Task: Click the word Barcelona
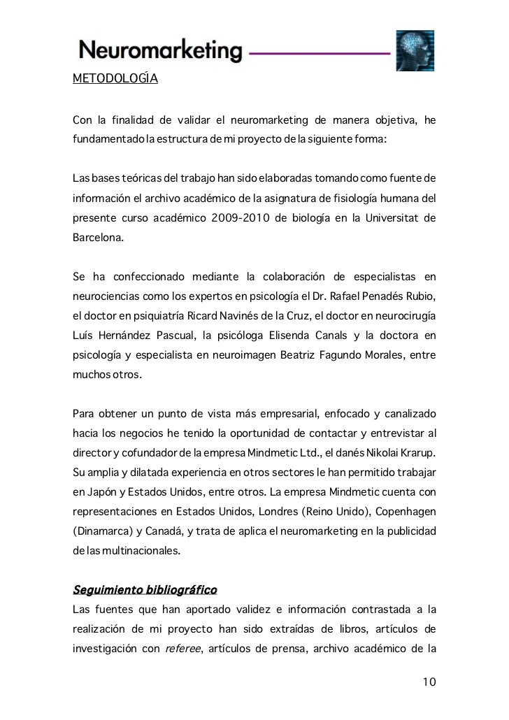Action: click(98, 238)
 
